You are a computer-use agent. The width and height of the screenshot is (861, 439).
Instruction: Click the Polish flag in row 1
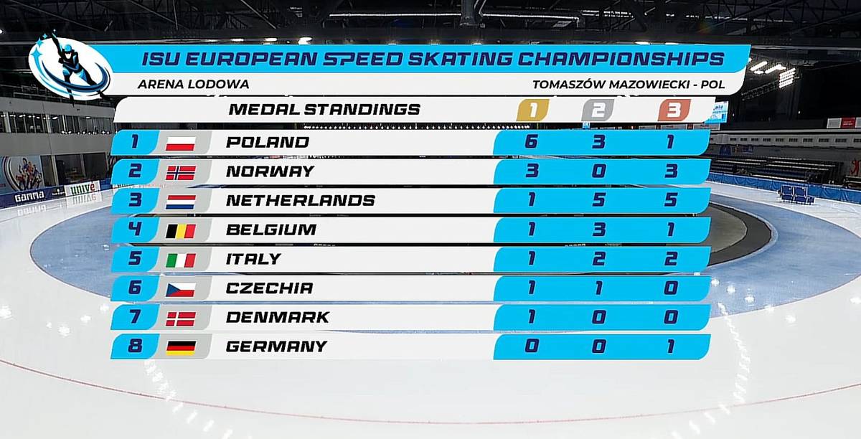pos(180,143)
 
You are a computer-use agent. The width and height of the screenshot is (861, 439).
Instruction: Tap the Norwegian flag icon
pos(180,172)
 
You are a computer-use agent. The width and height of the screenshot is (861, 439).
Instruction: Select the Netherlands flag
pos(180,202)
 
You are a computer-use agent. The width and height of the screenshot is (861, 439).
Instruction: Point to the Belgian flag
pos(180,231)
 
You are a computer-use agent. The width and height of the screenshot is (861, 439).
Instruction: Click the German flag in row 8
pos(180,347)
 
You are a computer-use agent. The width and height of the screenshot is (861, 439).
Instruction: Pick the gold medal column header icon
pos(532,110)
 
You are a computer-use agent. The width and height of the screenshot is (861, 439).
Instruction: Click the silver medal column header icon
pos(598,110)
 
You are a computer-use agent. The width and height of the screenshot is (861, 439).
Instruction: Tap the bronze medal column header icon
pos(674,110)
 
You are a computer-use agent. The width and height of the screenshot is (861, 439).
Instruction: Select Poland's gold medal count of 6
pos(531,142)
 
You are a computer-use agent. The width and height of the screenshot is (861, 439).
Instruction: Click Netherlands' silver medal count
pos(598,201)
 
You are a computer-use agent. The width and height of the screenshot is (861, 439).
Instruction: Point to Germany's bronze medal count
pos(670,346)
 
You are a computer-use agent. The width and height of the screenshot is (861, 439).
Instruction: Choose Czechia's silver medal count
pos(598,288)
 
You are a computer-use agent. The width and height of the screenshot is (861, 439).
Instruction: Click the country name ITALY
pos(253,259)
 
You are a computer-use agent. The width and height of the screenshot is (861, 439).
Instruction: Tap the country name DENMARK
pos(277,317)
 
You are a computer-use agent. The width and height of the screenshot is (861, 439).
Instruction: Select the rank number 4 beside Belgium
pos(134,230)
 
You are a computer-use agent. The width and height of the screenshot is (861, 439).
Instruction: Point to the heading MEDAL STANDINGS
pos(324,110)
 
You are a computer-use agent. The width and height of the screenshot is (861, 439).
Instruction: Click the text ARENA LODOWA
pos(192,84)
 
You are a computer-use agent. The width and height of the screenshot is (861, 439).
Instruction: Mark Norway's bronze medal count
pos(670,171)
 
